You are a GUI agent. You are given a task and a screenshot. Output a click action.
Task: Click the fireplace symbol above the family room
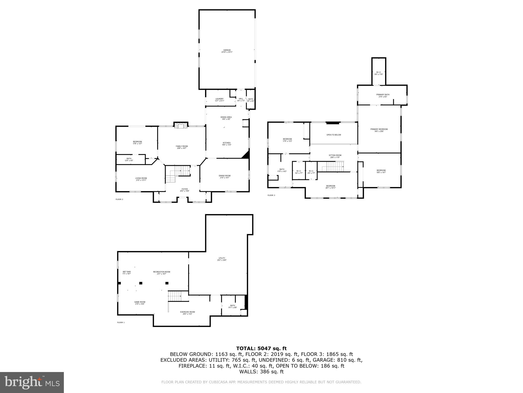coord(181,125)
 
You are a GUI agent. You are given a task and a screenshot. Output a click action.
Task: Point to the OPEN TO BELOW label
coord(334,135)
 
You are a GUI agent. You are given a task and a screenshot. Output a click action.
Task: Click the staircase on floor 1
coord(175,296)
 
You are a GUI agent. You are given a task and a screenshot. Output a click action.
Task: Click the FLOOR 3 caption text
coord(271,195)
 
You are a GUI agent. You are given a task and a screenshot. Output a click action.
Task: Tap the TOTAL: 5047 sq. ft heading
coord(261,348)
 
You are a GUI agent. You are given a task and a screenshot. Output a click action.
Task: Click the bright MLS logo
coord(32,382)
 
